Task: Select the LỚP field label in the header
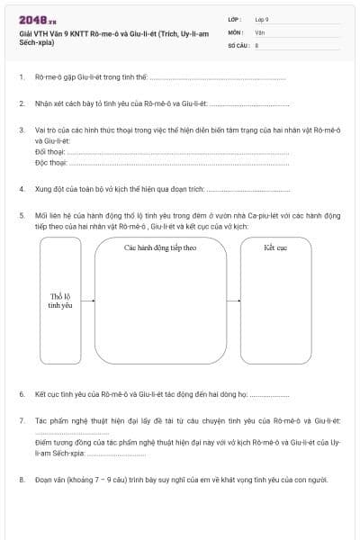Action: click(234, 19)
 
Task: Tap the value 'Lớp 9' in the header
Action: click(262, 19)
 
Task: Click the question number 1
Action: click(21, 78)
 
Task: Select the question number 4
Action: click(21, 190)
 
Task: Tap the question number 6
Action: click(21, 394)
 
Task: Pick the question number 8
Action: click(21, 480)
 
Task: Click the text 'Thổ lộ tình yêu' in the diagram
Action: click(60, 301)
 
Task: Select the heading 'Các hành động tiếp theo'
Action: click(160, 247)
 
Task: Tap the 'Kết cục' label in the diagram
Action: click(275, 247)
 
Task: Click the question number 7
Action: click(21, 420)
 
